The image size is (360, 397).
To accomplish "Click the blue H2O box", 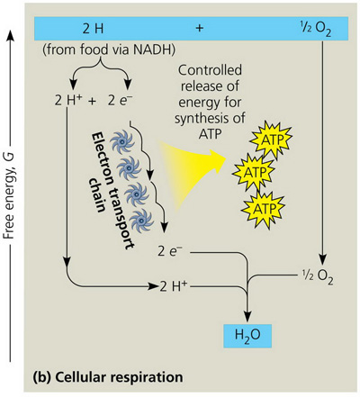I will tap(247, 338).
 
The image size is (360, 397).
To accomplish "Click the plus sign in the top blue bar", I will tap(198, 29).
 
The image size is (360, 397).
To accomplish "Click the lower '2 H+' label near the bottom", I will tap(175, 288).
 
